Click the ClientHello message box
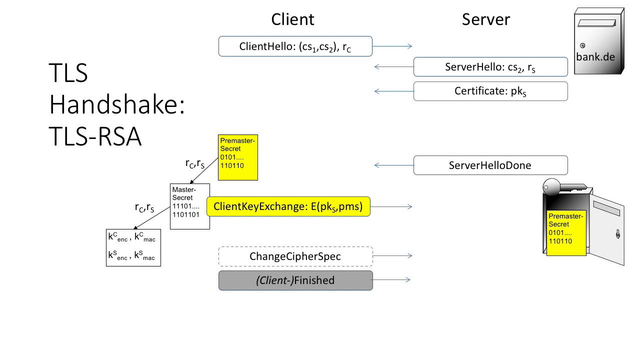295,46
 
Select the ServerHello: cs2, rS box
490,67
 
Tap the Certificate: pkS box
490,91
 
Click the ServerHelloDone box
490,165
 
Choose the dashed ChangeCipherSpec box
295,256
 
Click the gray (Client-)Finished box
295,280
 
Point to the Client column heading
292,19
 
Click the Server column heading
485,19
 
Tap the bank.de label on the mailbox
595,56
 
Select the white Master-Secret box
190,206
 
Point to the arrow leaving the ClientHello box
392,46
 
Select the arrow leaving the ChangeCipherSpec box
392,256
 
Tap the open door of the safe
607,232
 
